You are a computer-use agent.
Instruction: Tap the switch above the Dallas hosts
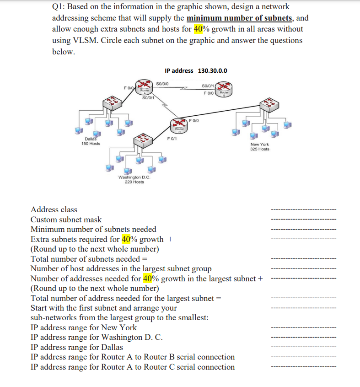tap(111, 102)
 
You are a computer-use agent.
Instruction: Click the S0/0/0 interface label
tap(162, 84)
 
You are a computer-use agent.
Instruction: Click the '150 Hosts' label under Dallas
tap(91, 144)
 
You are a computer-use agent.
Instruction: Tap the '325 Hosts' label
tap(260, 149)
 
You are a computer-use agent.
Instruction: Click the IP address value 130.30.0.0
tap(213, 70)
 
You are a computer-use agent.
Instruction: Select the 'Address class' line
tap(54, 210)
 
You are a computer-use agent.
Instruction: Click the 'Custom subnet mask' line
tap(66, 220)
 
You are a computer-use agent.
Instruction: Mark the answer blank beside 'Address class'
tap(303, 210)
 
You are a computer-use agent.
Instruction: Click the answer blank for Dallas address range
tap(303, 347)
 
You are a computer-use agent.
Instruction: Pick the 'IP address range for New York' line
tap(84, 328)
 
